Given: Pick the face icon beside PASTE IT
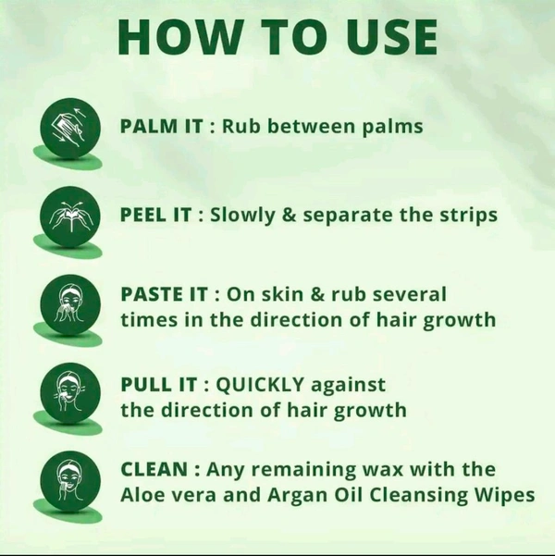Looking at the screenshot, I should point(70,303).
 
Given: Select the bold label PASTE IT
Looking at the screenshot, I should point(164,294).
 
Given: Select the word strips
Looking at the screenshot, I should point(467,215).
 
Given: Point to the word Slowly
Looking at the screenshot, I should point(243,215).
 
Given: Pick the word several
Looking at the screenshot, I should point(410,294).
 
